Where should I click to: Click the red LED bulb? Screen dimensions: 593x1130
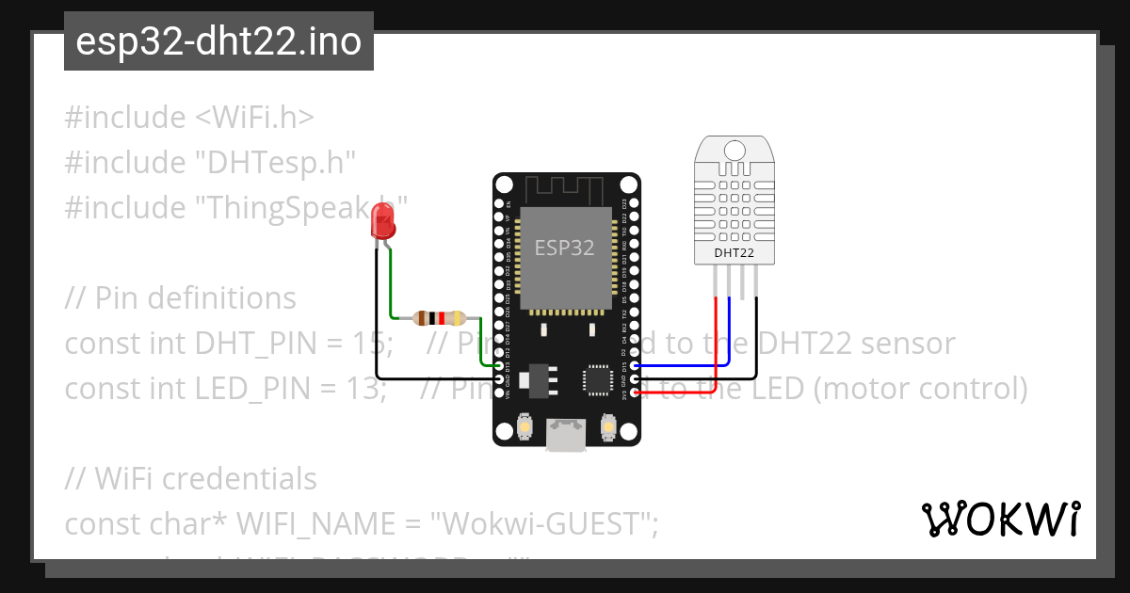383,222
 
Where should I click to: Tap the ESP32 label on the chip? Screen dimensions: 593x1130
565,248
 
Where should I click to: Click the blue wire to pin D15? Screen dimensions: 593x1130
697,364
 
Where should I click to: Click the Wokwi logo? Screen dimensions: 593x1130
1000,519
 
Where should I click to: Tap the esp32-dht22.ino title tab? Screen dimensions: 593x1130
218,41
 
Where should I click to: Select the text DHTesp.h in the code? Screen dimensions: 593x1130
274,163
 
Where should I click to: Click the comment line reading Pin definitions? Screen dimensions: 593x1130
181,298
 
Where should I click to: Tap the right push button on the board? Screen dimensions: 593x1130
608,429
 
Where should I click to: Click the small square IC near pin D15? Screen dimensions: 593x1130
598,378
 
